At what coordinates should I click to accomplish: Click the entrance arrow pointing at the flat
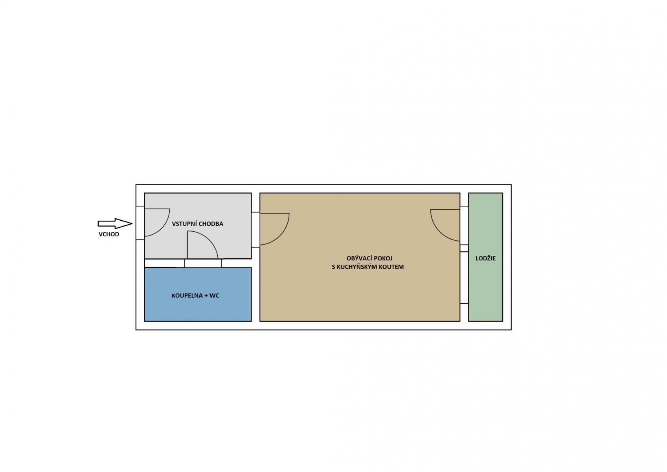pyautogui.click(x=115, y=223)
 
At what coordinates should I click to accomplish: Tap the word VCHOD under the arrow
pyautogui.click(x=109, y=234)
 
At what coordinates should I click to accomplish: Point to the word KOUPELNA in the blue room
pyautogui.click(x=187, y=296)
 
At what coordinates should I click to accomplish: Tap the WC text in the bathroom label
pyautogui.click(x=214, y=296)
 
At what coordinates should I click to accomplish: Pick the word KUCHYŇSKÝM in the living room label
pyautogui.click(x=357, y=267)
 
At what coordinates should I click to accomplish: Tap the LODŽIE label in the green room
pyautogui.click(x=485, y=258)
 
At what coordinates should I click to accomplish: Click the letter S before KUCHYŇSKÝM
pyautogui.click(x=333, y=267)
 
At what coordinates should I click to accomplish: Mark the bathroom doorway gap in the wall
pyautogui.click(x=203, y=263)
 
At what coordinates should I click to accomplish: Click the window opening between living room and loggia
pyautogui.click(x=464, y=277)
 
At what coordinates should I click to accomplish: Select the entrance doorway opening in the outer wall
pyautogui.click(x=140, y=223)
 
